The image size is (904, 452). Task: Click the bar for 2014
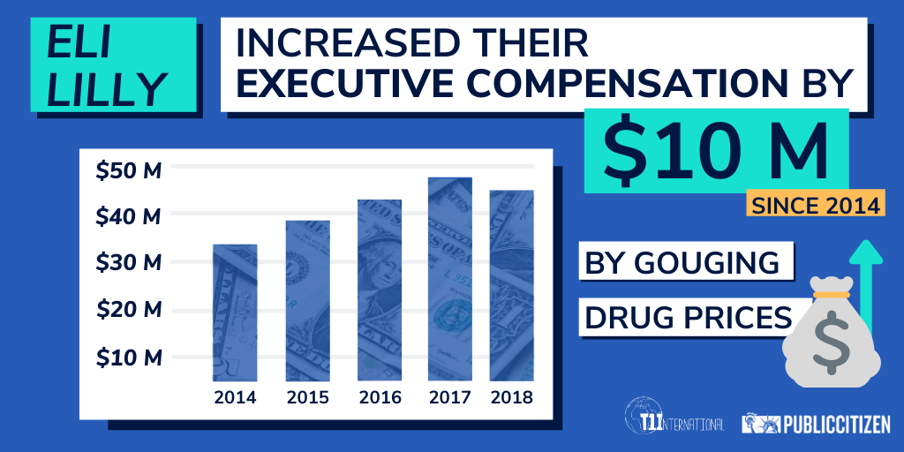point(235,313)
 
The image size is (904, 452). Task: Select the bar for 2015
point(307,300)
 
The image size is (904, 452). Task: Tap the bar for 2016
point(380,290)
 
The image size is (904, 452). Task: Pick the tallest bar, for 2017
point(451,279)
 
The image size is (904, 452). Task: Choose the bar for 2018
point(512,285)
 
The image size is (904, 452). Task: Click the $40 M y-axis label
point(129,216)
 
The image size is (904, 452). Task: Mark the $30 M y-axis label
point(129,263)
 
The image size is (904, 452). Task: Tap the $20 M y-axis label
point(129,310)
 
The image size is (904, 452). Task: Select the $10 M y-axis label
point(129,358)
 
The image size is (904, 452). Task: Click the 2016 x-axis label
point(380,396)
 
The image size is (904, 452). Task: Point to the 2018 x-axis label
point(512,396)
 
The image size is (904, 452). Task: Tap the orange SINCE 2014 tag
point(813,206)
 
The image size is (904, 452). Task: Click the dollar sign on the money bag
point(831,340)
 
